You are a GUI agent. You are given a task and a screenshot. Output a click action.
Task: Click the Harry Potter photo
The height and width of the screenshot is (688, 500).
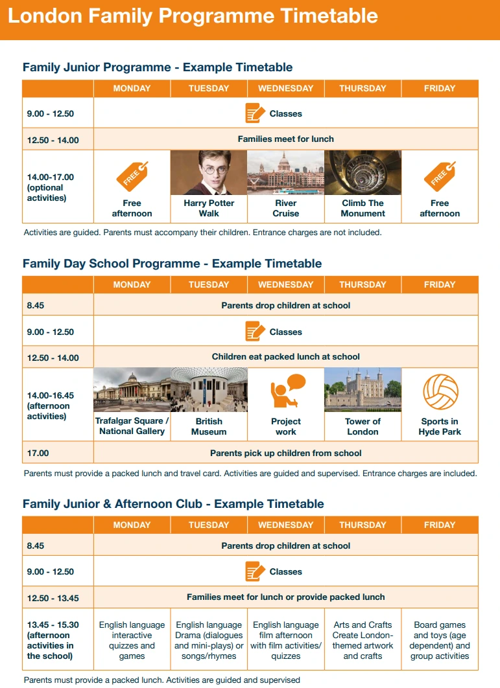coord(209,173)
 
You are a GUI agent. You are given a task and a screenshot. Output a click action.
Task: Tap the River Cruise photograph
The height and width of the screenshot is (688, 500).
coord(285,173)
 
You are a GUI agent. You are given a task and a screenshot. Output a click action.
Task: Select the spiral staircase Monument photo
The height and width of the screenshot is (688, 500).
coord(363,173)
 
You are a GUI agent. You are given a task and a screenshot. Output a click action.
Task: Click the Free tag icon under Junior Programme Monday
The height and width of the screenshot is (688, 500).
coord(132,176)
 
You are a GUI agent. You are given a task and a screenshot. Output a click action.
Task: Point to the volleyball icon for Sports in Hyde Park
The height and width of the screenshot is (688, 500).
coord(440,392)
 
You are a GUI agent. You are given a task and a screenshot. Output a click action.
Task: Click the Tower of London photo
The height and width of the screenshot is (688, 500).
coord(363,390)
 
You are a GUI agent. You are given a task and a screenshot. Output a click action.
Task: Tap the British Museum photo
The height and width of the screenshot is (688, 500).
coord(209,390)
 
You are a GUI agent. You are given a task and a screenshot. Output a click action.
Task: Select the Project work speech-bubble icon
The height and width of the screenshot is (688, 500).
coord(286,391)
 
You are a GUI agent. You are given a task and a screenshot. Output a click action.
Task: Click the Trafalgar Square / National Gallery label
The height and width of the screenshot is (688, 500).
coord(132,426)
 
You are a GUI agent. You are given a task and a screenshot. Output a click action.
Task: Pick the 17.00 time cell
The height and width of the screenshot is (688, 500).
coord(38,453)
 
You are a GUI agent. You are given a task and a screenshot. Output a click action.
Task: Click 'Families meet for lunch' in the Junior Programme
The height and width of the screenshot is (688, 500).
coord(286,139)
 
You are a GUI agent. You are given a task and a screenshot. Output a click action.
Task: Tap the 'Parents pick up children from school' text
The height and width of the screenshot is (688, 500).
coord(286,453)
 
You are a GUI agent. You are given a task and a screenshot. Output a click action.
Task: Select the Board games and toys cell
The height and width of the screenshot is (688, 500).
coord(440,641)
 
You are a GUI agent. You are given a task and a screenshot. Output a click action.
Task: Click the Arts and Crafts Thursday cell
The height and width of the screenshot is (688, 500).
coord(363,641)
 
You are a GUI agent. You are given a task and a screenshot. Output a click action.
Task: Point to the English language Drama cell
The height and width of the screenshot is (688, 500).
coord(209,641)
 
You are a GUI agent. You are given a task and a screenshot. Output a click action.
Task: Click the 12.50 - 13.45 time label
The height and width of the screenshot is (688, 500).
coord(53,597)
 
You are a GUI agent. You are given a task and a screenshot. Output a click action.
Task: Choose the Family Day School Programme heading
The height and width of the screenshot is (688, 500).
coord(172,264)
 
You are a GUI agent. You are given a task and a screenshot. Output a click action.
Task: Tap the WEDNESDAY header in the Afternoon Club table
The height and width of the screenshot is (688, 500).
coord(285,525)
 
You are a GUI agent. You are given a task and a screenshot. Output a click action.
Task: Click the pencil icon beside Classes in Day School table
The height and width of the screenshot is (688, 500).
coord(255,332)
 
